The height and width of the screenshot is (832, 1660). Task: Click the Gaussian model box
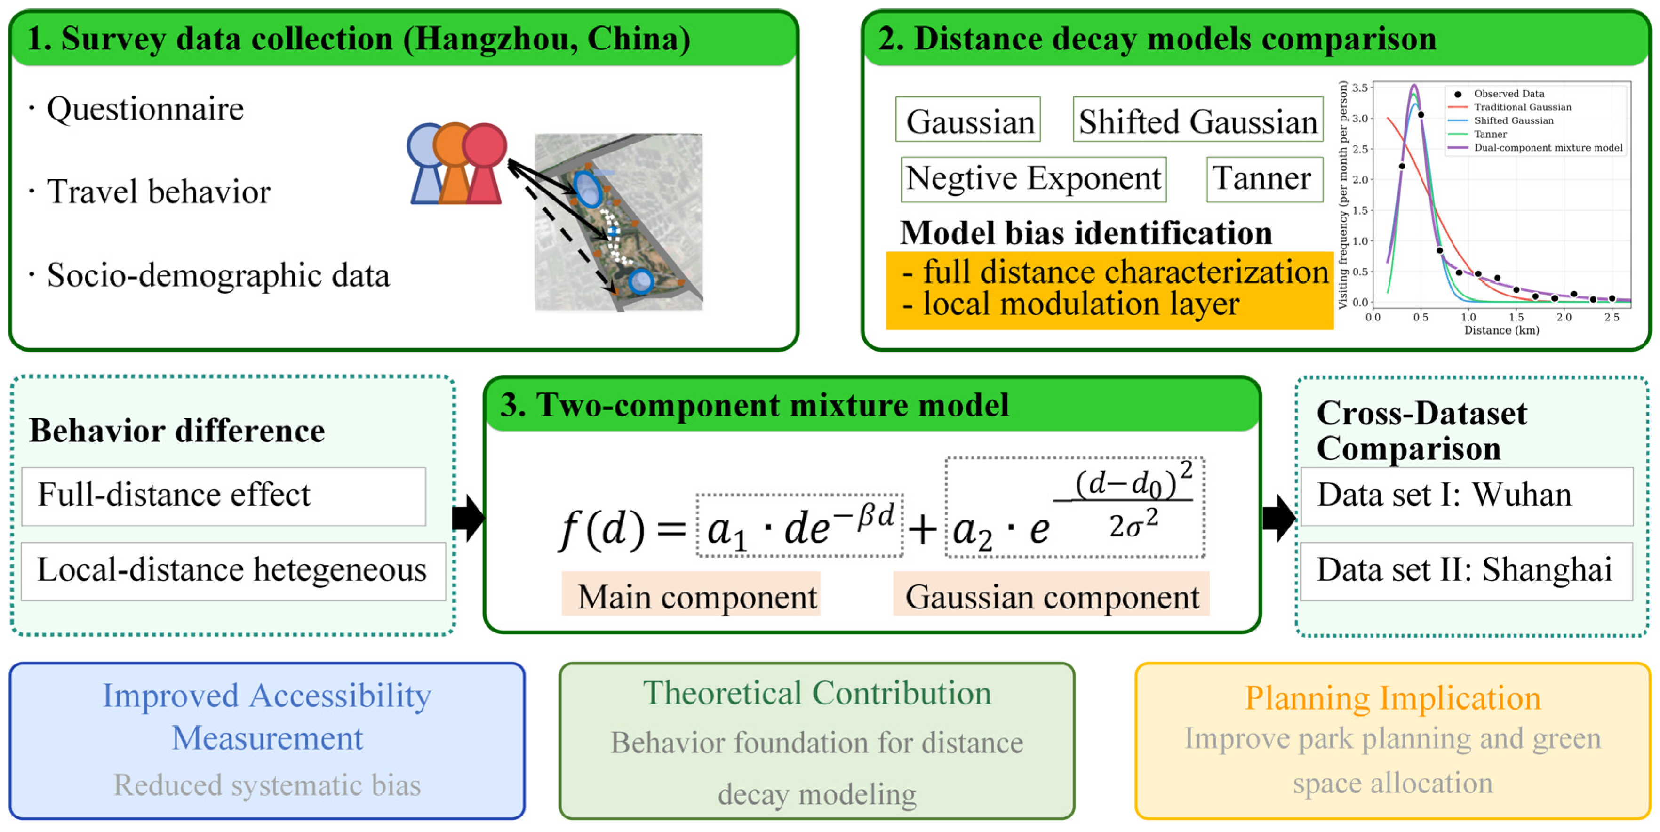[x=967, y=120]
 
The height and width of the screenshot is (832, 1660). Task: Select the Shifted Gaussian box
[x=1197, y=120]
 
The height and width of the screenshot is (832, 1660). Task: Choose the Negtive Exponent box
[x=1033, y=178]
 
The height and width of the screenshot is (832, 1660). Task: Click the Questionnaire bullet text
[x=145, y=109]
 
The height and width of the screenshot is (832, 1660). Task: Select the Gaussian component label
[x=1052, y=597]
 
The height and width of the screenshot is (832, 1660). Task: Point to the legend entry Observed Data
[x=1508, y=94]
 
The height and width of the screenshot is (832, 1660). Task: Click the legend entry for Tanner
[x=1491, y=134]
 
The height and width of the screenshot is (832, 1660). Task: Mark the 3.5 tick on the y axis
[x=1360, y=88]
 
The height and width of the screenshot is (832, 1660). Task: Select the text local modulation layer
[x=1080, y=304]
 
